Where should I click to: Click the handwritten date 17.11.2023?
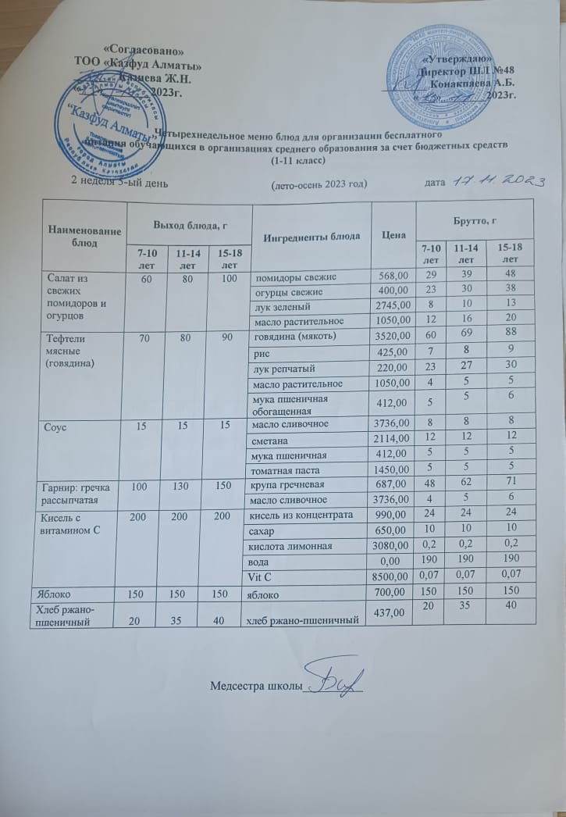pyautogui.click(x=496, y=180)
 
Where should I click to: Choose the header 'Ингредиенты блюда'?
pyautogui.click(x=311, y=234)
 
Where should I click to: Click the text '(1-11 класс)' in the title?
pyautogui.click(x=297, y=160)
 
